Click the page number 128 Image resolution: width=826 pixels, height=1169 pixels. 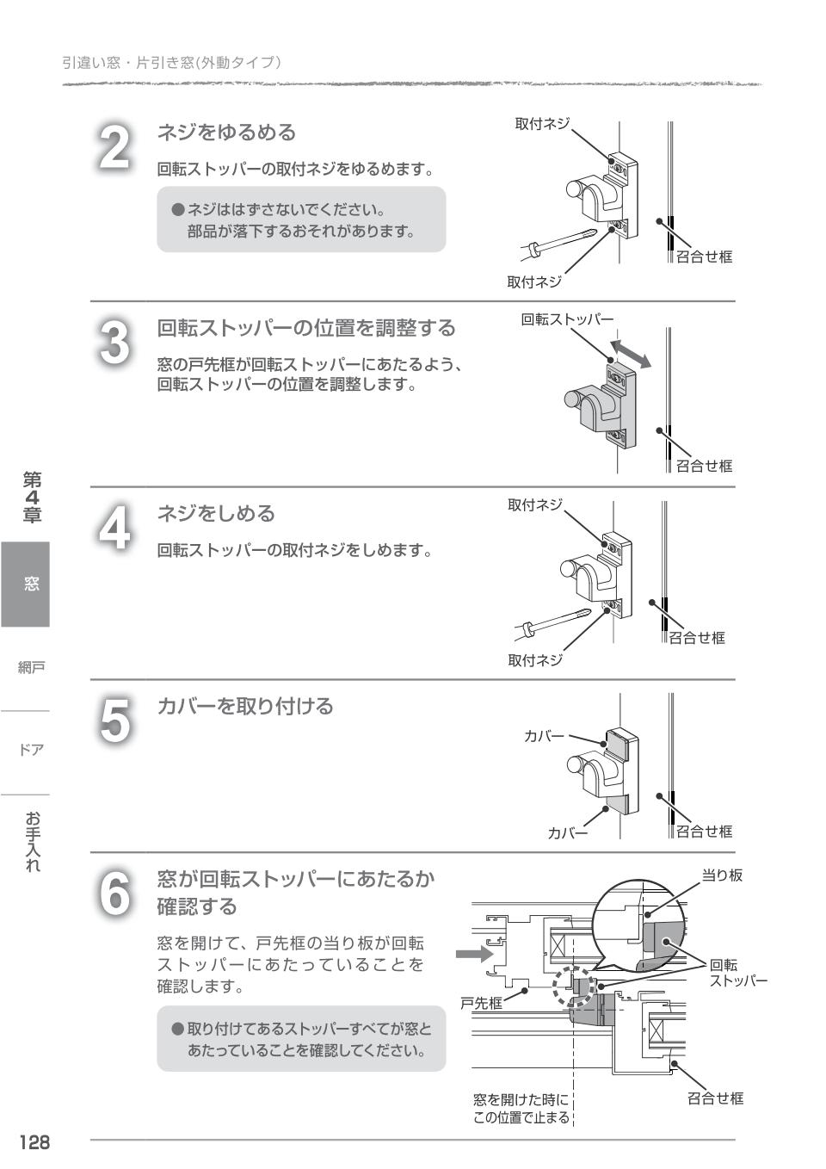tap(35, 1142)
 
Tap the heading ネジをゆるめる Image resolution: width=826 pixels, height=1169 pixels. tap(226, 133)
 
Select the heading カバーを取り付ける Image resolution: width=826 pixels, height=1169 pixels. tap(244, 707)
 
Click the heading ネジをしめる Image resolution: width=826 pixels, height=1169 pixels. tap(216, 514)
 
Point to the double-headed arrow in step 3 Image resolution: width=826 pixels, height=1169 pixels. tap(630, 353)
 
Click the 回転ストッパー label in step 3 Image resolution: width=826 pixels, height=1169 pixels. tap(566, 320)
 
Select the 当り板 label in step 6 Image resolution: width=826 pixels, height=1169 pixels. tap(722, 875)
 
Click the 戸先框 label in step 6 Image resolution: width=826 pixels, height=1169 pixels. tap(481, 1003)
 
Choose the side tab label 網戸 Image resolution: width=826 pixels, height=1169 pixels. tap(31, 667)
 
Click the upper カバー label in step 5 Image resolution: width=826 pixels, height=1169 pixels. tap(544, 736)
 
